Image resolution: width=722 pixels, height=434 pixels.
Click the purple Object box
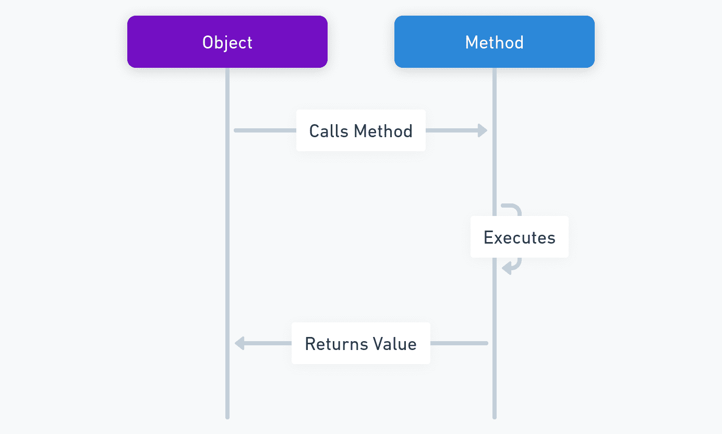227,42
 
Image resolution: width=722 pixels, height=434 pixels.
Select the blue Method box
495,42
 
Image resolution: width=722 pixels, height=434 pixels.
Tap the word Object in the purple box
227,43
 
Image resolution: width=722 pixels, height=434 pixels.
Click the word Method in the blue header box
495,42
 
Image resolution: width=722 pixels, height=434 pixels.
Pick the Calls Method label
361,130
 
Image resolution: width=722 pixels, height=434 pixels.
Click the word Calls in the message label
329,131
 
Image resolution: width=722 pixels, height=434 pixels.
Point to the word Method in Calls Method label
383,131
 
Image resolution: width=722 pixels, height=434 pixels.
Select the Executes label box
520,237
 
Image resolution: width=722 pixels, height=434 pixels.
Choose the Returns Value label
361,343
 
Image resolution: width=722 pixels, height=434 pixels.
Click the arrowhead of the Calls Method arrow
483,130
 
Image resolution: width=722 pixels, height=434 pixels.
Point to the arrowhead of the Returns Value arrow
239,343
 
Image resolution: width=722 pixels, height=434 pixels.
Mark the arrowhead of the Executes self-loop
507,268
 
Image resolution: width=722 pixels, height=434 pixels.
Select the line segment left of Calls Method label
265,130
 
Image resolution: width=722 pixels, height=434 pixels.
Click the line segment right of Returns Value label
459,343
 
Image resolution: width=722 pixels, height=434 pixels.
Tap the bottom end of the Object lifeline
227,417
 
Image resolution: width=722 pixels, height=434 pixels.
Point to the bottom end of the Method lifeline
495,417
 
